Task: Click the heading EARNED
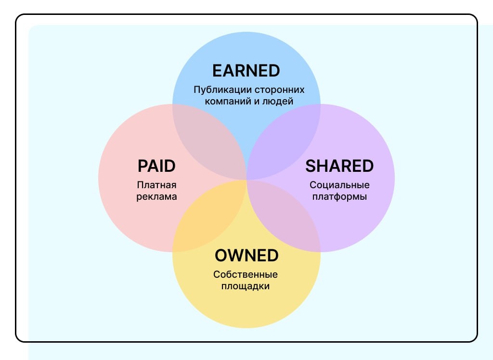point(246,70)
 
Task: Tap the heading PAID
point(156,166)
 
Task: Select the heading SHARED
point(339,166)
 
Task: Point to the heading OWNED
point(246,255)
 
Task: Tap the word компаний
point(224,101)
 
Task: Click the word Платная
point(157,185)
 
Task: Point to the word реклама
point(157,196)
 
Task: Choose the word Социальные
point(339,185)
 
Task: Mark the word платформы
point(339,196)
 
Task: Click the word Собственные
point(246,274)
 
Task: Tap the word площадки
point(246,286)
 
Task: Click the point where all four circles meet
point(246,179)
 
